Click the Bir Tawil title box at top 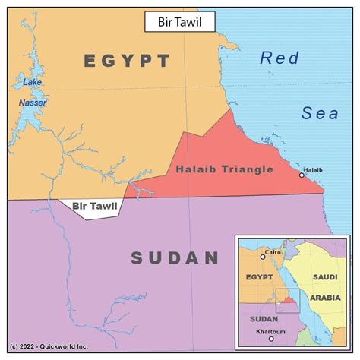pos(180,22)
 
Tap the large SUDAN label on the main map pos(175,258)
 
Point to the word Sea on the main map pos(319,113)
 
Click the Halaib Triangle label pos(224,169)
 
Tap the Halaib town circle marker pos(302,175)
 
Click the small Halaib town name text pos(313,169)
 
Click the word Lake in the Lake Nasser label pos(33,81)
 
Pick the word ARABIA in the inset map pos(324,298)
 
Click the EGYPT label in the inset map pos(259,279)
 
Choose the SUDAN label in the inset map pos(264,318)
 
